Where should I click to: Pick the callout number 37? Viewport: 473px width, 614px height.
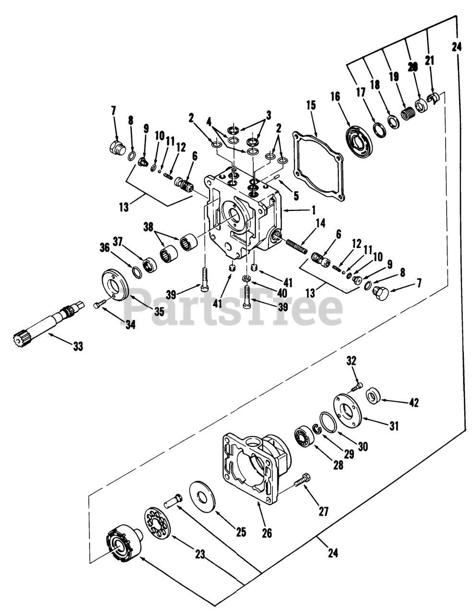click(118, 240)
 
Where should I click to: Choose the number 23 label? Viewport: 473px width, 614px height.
click(200, 555)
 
